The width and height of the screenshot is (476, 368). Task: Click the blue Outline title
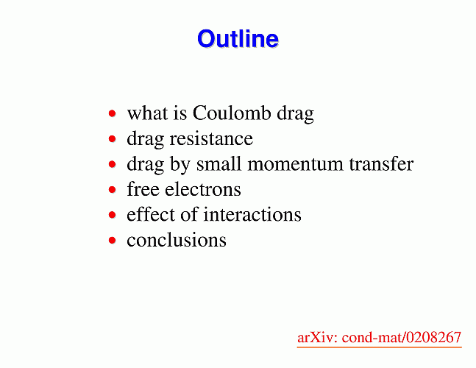pos(238,38)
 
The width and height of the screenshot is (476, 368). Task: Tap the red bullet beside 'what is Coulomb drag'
pos(113,113)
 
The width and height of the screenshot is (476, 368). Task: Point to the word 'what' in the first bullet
pos(147,113)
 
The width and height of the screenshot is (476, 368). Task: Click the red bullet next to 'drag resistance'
pos(113,139)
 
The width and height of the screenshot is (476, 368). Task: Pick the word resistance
pos(211,139)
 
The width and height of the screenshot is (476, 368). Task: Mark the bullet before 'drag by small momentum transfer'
pos(113,164)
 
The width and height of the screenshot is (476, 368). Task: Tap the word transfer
pos(381,164)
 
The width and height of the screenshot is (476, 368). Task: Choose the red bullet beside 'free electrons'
pos(113,190)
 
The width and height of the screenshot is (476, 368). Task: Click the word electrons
pos(203,189)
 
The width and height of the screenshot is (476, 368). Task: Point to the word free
pos(143,189)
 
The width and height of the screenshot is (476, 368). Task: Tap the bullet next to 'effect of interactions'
pos(113,215)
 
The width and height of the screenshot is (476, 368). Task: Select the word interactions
pos(252,214)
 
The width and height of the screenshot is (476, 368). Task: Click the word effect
pos(151,214)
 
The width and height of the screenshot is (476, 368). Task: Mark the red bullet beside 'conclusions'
pos(113,241)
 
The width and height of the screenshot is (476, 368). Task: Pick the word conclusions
pos(177,240)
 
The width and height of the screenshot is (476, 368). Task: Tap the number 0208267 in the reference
pos(434,337)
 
